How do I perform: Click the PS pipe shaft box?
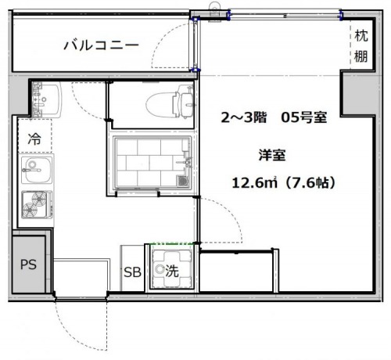[x=28, y=264]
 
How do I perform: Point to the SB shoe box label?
[x=132, y=273]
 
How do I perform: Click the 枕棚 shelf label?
[x=361, y=45]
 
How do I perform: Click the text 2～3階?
[x=245, y=118]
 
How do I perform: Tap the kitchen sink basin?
[x=34, y=166]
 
